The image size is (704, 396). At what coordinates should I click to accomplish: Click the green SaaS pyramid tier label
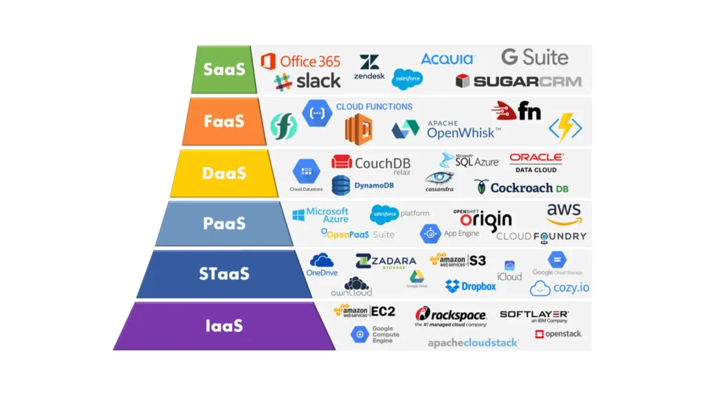(224, 69)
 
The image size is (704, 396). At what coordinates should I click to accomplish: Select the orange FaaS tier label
(224, 121)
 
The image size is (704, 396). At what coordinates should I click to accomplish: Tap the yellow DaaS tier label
(224, 173)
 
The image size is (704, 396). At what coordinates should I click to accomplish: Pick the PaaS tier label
(224, 223)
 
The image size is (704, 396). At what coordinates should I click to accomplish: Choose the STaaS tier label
(224, 274)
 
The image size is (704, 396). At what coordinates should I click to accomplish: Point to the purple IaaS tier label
(224, 325)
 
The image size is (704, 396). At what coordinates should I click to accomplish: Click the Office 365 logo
(300, 61)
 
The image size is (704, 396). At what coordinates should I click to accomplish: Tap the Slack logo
(307, 81)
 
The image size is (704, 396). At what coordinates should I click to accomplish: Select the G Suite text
(534, 57)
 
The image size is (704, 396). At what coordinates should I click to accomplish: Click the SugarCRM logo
(518, 81)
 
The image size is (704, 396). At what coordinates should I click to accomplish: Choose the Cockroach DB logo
(522, 187)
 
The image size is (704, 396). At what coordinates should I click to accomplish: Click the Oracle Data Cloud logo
(536, 163)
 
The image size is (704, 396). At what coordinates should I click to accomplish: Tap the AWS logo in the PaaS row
(564, 213)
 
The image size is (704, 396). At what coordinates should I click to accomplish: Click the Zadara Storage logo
(386, 261)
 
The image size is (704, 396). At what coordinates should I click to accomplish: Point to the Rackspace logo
(451, 316)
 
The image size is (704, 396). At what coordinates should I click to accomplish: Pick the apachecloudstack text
(473, 342)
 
